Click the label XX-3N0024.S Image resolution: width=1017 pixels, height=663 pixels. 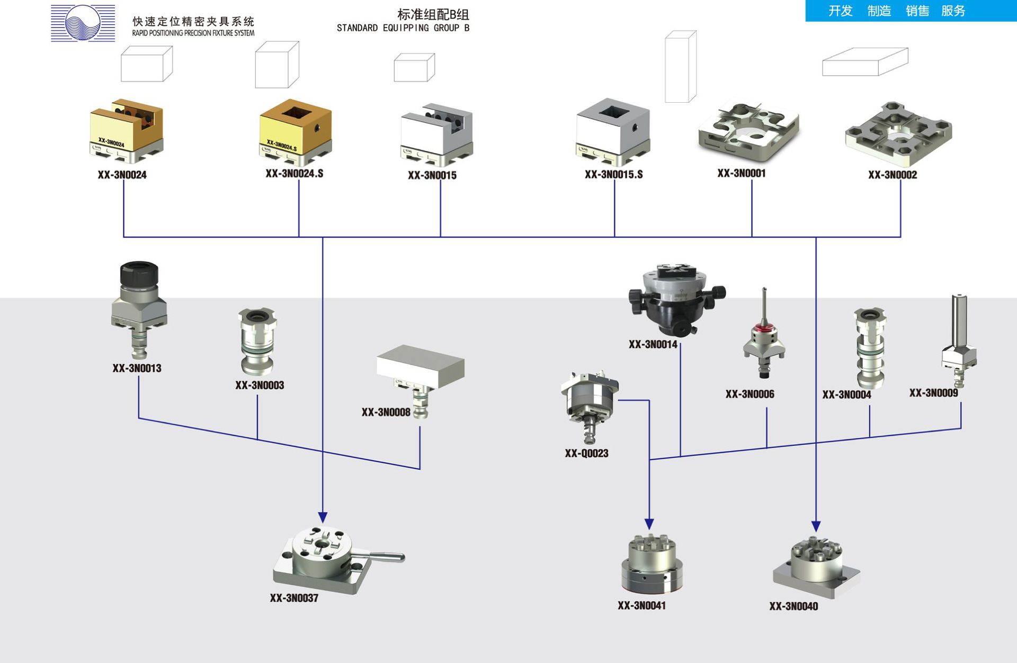click(295, 174)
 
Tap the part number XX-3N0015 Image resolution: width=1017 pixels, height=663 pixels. click(432, 175)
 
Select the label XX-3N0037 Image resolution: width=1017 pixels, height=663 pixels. click(294, 598)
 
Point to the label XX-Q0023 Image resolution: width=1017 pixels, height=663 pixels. click(586, 453)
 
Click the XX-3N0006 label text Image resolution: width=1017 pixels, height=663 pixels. click(750, 394)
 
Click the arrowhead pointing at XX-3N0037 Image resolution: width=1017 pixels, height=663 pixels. click(323, 517)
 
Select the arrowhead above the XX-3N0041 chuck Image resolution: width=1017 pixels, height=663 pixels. click(649, 524)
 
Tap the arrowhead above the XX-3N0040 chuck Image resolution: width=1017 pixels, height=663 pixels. click(816, 526)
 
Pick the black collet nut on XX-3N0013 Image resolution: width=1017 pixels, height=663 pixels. click(139, 273)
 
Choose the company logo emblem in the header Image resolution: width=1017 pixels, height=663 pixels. click(83, 23)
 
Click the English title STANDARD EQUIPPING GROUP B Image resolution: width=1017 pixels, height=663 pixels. click(403, 28)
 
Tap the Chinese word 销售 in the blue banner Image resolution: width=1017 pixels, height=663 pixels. click(917, 11)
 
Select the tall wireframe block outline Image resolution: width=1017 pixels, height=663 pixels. click(681, 67)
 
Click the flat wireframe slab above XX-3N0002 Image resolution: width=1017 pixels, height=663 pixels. click(865, 62)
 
